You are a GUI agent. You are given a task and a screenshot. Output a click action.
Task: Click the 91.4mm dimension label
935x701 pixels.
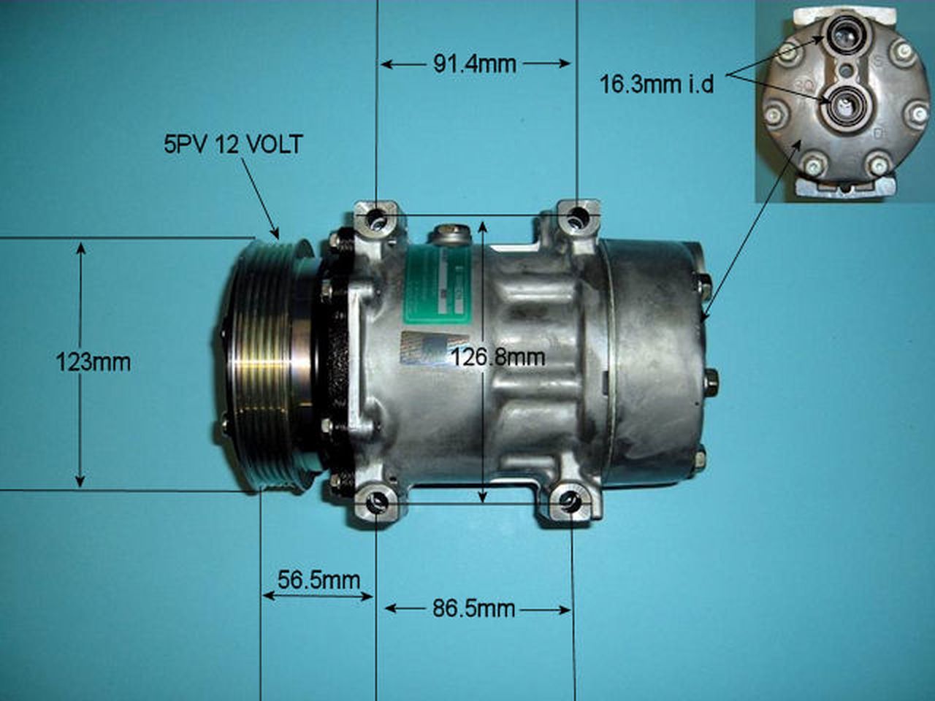tap(475, 64)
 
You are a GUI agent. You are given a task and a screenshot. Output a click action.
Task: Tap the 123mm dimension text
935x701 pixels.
tap(93, 361)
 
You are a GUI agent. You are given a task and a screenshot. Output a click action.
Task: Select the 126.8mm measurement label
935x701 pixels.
tap(498, 357)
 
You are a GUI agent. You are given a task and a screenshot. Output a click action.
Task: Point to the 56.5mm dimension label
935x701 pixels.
tap(318, 581)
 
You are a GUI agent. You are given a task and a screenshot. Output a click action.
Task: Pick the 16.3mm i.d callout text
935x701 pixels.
tap(657, 84)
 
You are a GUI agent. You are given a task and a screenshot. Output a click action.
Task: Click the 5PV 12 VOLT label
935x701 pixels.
tap(232, 144)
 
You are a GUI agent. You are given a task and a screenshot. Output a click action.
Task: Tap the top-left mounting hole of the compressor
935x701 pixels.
tap(376, 218)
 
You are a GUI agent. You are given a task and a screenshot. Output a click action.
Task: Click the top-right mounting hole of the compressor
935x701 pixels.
tap(577, 215)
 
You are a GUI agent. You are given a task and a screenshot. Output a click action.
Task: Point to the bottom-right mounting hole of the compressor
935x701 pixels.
tap(571, 502)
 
